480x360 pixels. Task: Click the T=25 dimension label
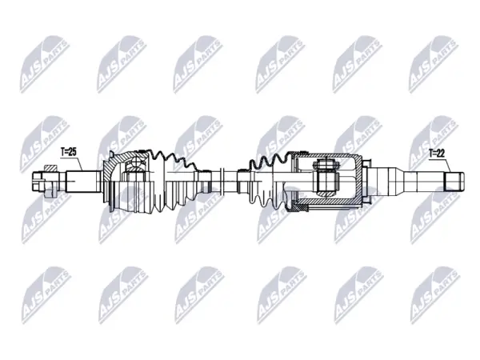click(68, 152)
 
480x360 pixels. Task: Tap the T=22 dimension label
click(436, 154)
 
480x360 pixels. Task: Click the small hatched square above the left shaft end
click(50, 168)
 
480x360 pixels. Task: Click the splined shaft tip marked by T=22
click(454, 182)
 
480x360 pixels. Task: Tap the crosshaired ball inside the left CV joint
click(135, 166)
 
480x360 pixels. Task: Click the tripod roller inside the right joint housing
click(326, 181)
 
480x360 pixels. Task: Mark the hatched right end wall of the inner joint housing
click(358, 181)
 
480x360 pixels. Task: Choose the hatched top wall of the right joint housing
click(325, 156)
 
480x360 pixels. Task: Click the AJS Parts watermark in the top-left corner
click(45, 64)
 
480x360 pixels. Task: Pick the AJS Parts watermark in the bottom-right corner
click(435, 295)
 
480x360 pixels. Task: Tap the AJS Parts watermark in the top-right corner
click(434, 64)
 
